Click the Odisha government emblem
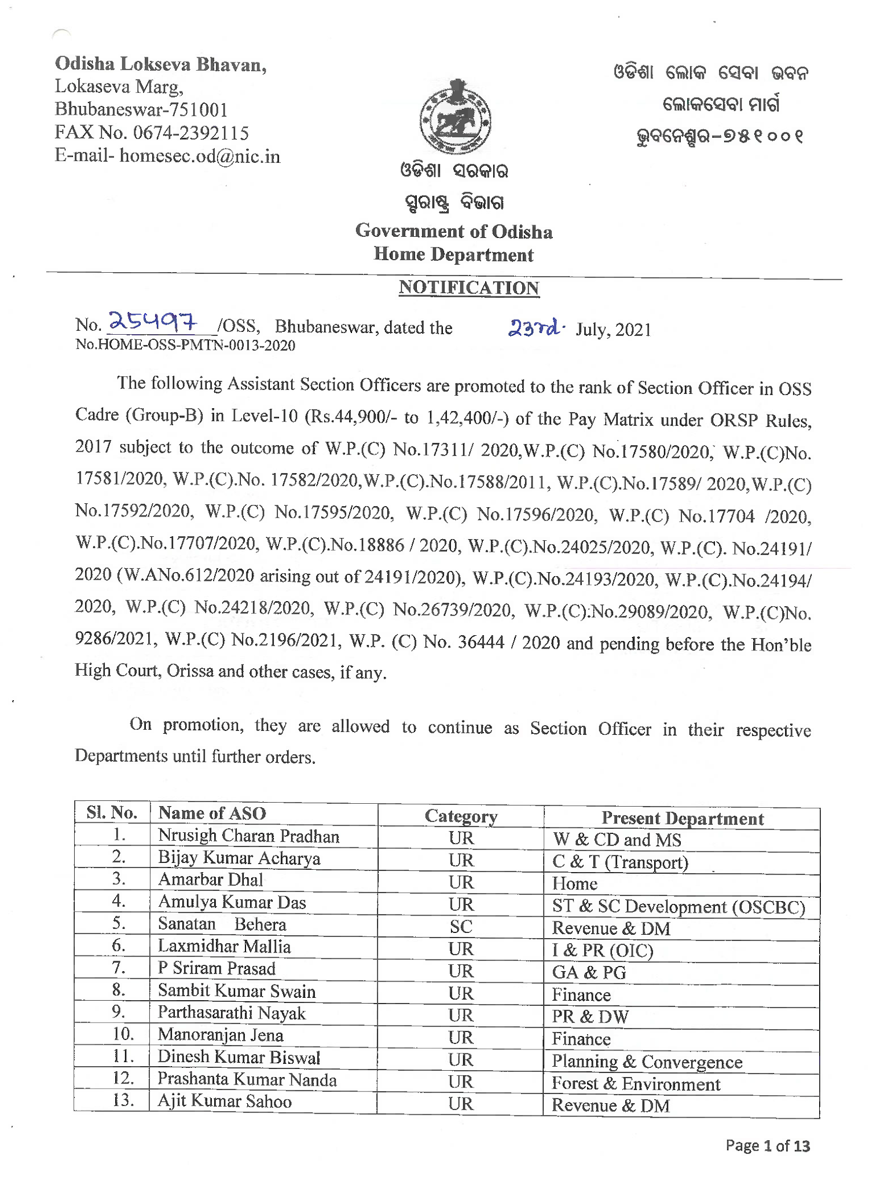tap(455, 117)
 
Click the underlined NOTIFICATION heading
tap(468, 288)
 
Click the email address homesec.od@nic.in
tap(200, 156)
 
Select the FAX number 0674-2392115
tap(191, 133)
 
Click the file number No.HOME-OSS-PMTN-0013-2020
tap(185, 346)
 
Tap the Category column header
tap(461, 816)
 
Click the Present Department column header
tap(682, 818)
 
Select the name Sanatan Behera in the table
tap(222, 924)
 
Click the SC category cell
tap(461, 927)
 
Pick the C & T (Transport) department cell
tap(620, 862)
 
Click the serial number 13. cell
tap(123, 1100)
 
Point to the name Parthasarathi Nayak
tap(232, 1013)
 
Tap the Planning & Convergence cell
tap(647, 1061)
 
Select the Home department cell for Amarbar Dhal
tap(574, 884)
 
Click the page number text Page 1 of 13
tap(768, 1145)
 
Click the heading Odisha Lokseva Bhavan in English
tap(160, 64)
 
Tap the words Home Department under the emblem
tap(453, 254)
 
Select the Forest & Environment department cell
tap(636, 1083)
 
